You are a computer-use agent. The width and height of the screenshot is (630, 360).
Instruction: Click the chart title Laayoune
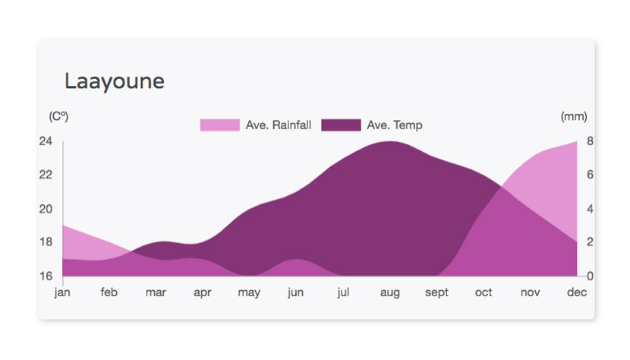click(115, 82)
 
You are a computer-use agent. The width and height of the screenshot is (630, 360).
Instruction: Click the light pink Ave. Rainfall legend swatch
click(220, 125)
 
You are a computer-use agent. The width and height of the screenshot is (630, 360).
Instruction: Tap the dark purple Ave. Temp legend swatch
click(341, 125)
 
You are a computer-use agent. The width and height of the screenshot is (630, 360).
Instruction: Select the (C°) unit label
click(58, 117)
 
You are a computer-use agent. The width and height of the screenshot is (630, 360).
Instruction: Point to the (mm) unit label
click(574, 117)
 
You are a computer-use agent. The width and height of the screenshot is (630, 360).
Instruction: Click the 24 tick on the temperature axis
click(46, 141)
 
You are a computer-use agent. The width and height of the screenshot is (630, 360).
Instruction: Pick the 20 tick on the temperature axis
click(46, 209)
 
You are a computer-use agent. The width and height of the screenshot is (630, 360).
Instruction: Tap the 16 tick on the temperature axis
click(46, 276)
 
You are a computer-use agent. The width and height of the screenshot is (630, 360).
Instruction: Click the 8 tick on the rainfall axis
click(590, 141)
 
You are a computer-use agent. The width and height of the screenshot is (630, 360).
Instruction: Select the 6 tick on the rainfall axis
click(590, 175)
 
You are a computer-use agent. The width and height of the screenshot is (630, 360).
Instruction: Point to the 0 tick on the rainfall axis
click(590, 276)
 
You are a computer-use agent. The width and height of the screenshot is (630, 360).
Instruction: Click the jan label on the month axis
click(62, 292)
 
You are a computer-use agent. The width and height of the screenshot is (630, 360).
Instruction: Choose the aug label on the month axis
click(389, 293)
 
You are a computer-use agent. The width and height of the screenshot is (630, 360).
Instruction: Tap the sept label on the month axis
click(436, 293)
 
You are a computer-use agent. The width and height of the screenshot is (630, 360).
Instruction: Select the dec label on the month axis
click(577, 292)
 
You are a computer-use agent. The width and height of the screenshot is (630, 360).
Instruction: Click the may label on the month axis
click(249, 293)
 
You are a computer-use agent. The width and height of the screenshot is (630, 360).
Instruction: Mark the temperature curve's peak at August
click(389, 141)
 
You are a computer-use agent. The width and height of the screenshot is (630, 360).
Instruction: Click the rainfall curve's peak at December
click(576, 142)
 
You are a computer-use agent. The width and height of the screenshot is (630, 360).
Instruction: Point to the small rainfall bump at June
click(296, 261)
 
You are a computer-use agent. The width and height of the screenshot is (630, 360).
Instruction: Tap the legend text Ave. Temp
click(395, 125)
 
